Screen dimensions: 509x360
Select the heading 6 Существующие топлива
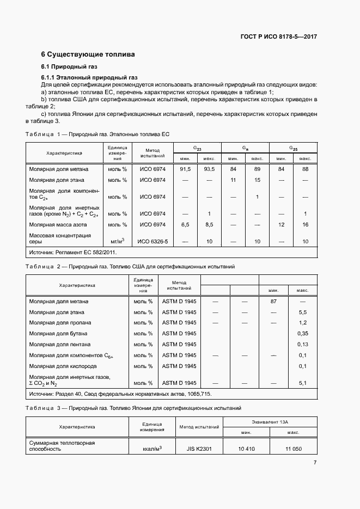pos(88,55)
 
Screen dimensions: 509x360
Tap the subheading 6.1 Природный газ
pos(66,66)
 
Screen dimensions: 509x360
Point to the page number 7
pos(315,463)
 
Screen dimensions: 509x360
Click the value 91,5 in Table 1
pos(185,169)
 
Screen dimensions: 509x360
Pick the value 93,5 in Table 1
pos(209,169)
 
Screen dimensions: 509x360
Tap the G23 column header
pos(197,148)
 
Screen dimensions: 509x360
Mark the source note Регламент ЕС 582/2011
pos(73,253)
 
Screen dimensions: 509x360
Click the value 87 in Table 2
pos(273,301)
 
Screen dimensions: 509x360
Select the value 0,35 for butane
pos(303,333)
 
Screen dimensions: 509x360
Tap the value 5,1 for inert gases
pos(303,383)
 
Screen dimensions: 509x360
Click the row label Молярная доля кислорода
pos(60,366)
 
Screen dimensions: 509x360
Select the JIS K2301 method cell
pos(199,449)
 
